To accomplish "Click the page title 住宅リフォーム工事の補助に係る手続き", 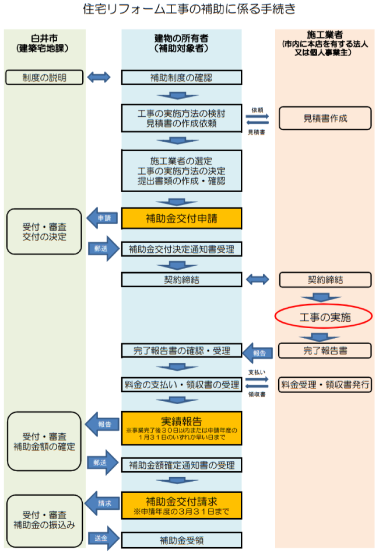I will [189, 9].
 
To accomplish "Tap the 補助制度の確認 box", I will [181, 76].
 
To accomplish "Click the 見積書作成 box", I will [325, 118].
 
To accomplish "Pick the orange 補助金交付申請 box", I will [181, 218].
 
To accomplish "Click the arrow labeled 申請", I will [103, 218].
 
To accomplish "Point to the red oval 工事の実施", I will [323, 317].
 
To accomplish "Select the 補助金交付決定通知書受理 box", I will [181, 249].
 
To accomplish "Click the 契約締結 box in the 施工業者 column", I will [325, 280].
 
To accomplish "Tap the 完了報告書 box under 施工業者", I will [325, 351].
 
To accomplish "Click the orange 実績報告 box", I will [181, 425].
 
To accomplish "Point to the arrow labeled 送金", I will [103, 538].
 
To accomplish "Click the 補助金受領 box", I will [181, 540].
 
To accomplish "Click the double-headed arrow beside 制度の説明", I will [99, 76].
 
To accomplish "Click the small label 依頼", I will [257, 109].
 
